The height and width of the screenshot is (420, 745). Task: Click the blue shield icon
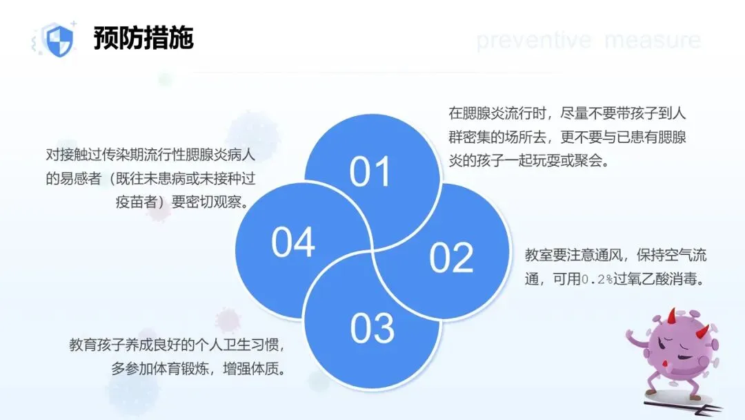(x=58, y=40)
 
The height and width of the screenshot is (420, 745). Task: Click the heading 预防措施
(x=143, y=37)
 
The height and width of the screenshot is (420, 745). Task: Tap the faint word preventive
(x=533, y=41)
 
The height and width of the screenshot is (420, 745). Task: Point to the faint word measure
(x=653, y=41)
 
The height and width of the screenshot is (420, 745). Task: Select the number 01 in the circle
(x=370, y=172)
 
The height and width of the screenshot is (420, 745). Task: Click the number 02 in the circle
(x=451, y=258)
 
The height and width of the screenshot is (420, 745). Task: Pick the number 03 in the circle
(x=372, y=328)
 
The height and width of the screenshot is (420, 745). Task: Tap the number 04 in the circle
(x=292, y=242)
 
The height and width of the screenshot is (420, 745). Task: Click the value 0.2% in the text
(x=597, y=279)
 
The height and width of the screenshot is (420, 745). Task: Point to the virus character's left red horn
(x=671, y=316)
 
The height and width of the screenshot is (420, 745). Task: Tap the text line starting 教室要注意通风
(x=615, y=255)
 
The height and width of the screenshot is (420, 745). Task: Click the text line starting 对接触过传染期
(x=150, y=155)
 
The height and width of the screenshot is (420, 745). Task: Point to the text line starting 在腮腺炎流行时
(x=567, y=113)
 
